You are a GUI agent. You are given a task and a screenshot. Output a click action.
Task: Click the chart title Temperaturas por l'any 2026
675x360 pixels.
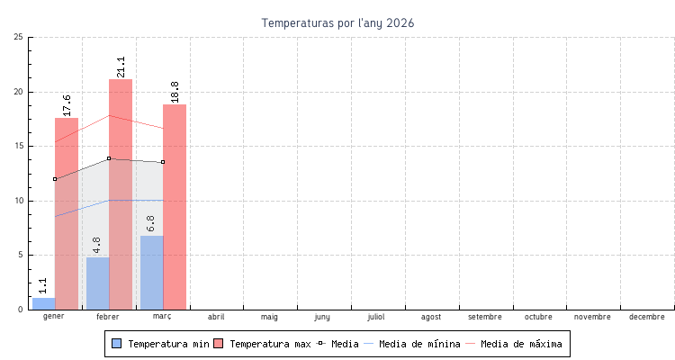click(x=337, y=22)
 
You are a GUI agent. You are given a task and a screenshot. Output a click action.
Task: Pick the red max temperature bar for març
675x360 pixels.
click(x=175, y=207)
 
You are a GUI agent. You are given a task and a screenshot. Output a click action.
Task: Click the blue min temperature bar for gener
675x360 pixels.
click(x=43, y=303)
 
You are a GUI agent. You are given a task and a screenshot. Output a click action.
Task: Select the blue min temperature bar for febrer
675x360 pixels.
click(x=97, y=283)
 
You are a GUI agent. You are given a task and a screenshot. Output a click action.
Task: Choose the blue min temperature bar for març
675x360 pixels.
click(x=151, y=273)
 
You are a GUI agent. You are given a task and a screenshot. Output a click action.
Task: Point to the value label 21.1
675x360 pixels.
click(x=121, y=66)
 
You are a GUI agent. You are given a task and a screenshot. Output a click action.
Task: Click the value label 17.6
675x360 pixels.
click(x=67, y=104)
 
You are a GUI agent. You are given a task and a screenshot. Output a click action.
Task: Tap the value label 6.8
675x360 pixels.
click(x=150, y=224)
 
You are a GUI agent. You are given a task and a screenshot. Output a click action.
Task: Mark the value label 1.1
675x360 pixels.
click(x=43, y=286)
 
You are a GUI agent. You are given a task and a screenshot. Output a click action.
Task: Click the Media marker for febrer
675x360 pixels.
click(x=109, y=158)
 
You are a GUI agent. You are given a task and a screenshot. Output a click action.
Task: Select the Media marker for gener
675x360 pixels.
click(x=55, y=179)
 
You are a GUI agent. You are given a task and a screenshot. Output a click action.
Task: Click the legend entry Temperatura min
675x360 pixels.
click(x=159, y=344)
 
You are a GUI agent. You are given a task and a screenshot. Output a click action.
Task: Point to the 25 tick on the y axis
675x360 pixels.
click(x=19, y=37)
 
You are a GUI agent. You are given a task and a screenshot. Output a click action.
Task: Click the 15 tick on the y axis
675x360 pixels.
click(x=19, y=146)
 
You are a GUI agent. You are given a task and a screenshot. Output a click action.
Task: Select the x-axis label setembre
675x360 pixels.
click(x=485, y=317)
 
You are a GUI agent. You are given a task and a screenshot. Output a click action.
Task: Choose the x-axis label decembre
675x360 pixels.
click(x=647, y=317)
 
